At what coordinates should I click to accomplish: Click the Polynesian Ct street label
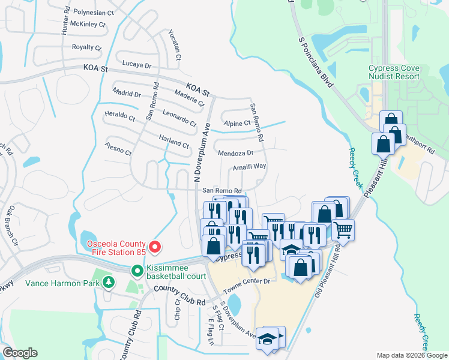point(92,12)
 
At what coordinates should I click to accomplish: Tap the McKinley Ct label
point(88,25)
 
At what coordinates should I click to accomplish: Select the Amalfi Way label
point(249,166)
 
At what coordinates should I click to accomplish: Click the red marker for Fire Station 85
point(155,247)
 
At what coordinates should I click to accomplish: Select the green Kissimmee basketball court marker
point(137,271)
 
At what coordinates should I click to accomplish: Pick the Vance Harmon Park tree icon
point(108,281)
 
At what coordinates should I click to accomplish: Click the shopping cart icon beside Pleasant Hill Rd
point(343,229)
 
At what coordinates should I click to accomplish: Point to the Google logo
point(19,353)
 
